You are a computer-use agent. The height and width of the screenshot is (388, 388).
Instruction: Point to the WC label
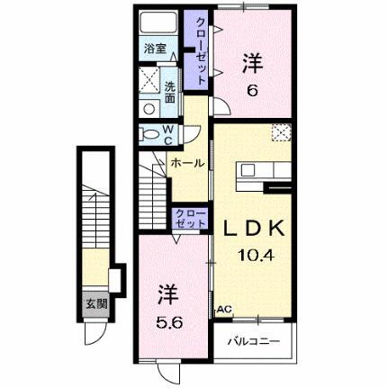click(167, 132)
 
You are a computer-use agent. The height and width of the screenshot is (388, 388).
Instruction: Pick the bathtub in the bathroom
click(161, 24)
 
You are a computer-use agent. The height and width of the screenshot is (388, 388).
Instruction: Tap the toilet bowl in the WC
click(149, 134)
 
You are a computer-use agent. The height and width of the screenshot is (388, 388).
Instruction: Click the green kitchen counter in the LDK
click(248, 170)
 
